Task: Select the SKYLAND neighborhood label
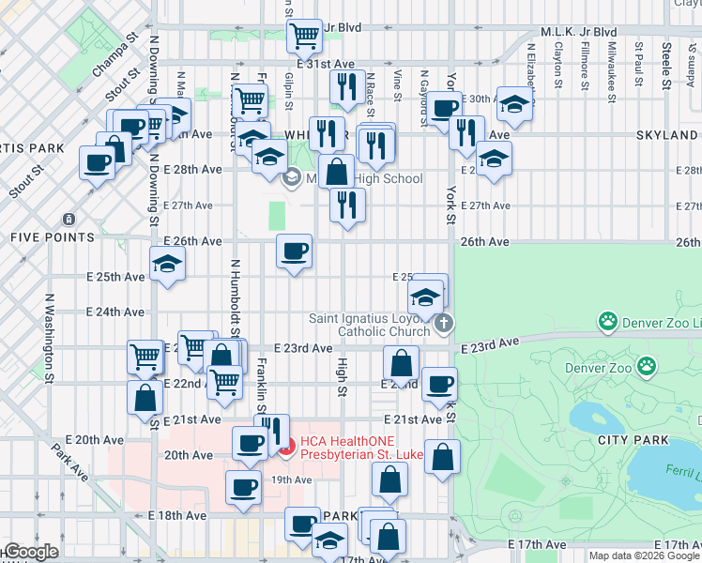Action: click(666, 135)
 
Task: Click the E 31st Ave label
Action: click(325, 64)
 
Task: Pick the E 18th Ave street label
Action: click(178, 515)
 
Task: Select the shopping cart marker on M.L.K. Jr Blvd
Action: click(304, 37)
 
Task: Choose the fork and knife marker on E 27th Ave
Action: click(347, 205)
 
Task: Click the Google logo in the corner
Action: click(30, 553)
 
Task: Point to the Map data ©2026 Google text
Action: click(644, 555)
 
